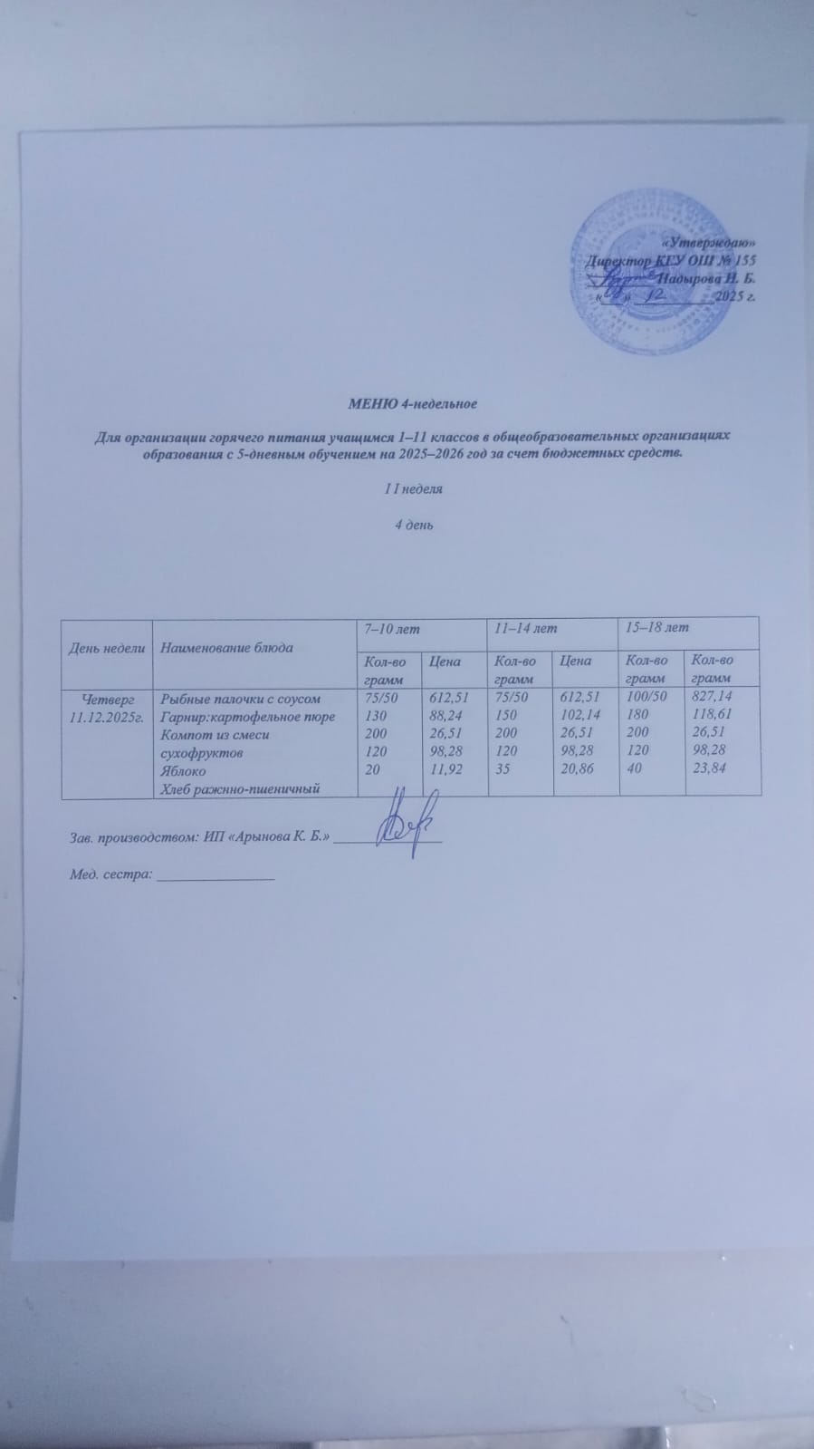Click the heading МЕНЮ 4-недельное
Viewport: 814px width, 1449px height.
[413, 401]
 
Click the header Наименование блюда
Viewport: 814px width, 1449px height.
[226, 648]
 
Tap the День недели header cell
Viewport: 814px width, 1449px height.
[107, 648]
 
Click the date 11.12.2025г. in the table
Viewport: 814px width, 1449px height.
[108, 717]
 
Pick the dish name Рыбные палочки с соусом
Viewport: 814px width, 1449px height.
[240, 699]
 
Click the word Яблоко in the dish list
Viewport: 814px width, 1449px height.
[183, 771]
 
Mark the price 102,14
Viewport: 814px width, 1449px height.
[580, 715]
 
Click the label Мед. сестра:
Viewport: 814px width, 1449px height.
[110, 876]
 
